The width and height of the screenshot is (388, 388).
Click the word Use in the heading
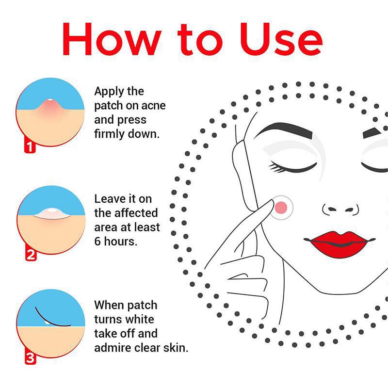pos(281,39)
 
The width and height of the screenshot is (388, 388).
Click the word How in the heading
pos(112,39)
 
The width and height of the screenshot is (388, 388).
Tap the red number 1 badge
pos(30,146)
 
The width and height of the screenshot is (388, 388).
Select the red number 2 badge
pos(31,255)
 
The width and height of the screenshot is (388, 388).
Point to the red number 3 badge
pos(31,358)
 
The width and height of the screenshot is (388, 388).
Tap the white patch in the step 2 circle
pos(51,213)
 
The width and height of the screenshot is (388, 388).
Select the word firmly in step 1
pos(110,134)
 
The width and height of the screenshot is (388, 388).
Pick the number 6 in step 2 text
pos(98,241)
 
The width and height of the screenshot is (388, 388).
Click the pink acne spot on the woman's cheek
pos(281,208)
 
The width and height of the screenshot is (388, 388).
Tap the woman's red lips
pos(340,244)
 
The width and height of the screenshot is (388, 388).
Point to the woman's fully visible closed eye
pos(293,167)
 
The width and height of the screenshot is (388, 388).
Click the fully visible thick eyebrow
pos(283,130)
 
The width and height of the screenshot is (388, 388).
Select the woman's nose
pos(340,210)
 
